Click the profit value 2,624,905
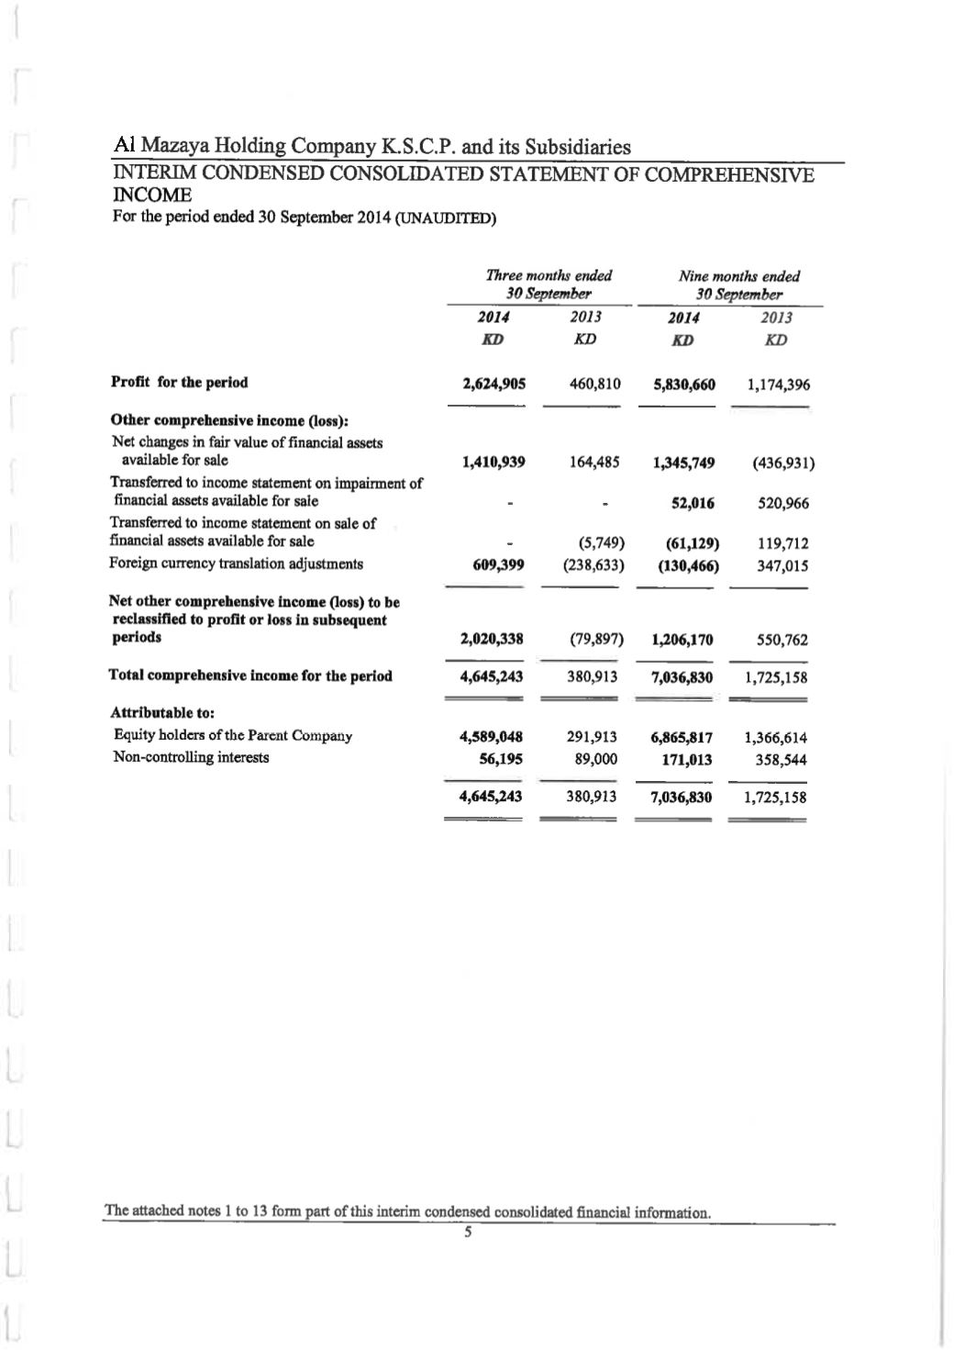pos(494,384)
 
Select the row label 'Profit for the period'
pos(179,383)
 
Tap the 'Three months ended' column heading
pos(549,275)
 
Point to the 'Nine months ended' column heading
pos(738,276)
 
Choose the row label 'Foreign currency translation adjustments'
pos(236,563)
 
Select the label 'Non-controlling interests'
pos(191,757)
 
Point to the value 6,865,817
pos(682,737)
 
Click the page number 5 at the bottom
pos(467,1233)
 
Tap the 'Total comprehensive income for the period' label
pos(250,676)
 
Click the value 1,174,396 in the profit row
pos(771,385)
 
